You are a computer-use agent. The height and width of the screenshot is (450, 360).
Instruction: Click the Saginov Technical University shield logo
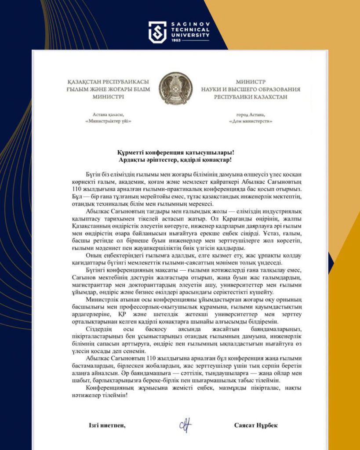pos(157,32)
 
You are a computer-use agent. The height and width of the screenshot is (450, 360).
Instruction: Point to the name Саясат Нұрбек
pos(256,425)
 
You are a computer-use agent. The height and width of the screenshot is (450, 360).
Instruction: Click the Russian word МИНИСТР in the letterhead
pos(251,82)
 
